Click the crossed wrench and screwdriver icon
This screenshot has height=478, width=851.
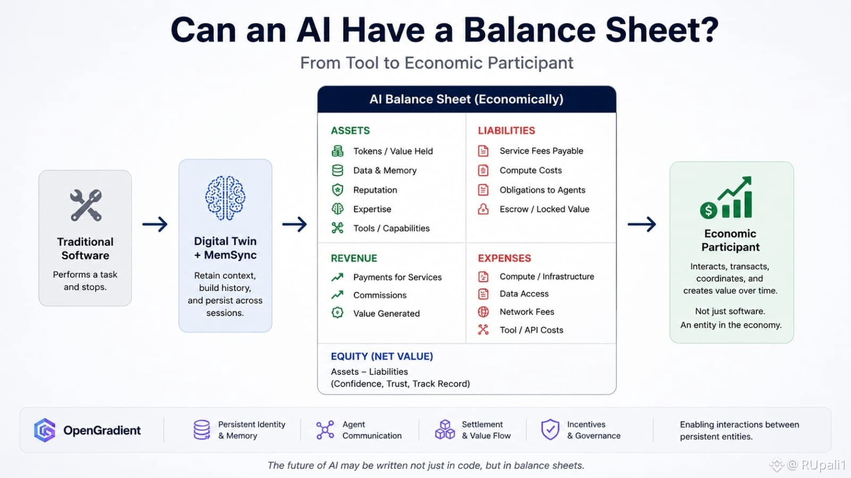pyautogui.click(x=86, y=205)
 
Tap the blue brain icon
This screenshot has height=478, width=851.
pyautogui.click(x=226, y=198)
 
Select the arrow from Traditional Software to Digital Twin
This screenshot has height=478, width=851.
pyautogui.click(x=155, y=224)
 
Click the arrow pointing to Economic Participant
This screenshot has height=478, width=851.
pyautogui.click(x=641, y=224)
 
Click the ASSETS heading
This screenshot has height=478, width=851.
pyautogui.click(x=351, y=131)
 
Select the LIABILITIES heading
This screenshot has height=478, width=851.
pyautogui.click(x=506, y=131)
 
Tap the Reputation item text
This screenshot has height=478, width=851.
pyautogui.click(x=375, y=190)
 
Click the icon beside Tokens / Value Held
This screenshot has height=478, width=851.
pyautogui.click(x=337, y=151)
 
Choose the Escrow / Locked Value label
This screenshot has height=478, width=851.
pyautogui.click(x=545, y=209)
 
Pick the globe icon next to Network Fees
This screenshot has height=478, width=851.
pyautogui.click(x=483, y=312)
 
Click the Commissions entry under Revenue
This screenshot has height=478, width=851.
pyautogui.click(x=380, y=295)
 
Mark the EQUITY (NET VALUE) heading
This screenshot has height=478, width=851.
pyautogui.click(x=382, y=356)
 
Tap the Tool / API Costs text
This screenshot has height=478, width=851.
pyautogui.click(x=531, y=330)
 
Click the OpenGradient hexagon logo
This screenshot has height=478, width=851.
pyautogui.click(x=45, y=430)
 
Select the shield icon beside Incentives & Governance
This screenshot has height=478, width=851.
pyautogui.click(x=550, y=430)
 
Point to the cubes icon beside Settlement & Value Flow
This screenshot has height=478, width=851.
pyautogui.click(x=445, y=430)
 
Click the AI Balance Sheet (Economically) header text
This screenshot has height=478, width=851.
pyautogui.click(x=466, y=99)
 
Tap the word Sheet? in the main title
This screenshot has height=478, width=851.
pyautogui.click(x=662, y=30)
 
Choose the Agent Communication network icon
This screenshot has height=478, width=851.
pyautogui.click(x=325, y=430)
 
